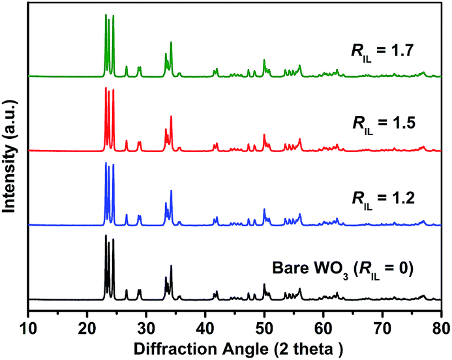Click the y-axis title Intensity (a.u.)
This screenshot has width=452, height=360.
click(x=10, y=156)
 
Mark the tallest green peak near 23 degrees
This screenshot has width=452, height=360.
click(x=106, y=16)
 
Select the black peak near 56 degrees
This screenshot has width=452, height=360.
click(x=300, y=289)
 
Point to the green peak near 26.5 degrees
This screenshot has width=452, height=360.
click(x=127, y=67)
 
